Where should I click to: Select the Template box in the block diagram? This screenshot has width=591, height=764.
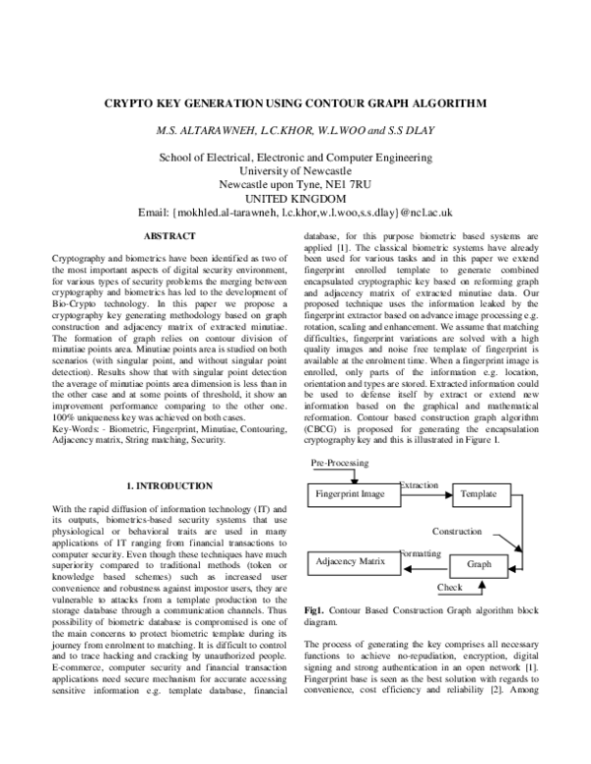(x=479, y=493)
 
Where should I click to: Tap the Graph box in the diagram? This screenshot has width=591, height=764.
(x=479, y=565)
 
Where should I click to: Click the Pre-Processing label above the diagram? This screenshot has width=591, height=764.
(x=340, y=462)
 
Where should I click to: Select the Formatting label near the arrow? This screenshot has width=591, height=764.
(x=421, y=554)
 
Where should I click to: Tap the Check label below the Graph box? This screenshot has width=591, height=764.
(x=449, y=588)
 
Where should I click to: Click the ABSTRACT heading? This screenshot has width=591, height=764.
(x=169, y=236)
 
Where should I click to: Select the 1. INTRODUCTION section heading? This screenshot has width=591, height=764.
(x=169, y=486)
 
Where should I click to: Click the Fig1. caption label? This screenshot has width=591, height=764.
(x=319, y=610)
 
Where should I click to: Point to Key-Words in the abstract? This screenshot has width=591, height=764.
(x=77, y=404)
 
